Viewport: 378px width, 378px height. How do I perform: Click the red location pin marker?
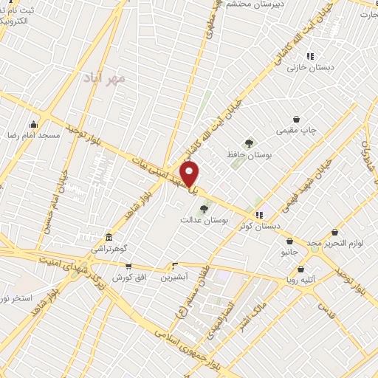190,174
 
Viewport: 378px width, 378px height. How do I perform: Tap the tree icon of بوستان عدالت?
205,208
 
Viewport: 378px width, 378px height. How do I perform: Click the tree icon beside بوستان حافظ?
249,143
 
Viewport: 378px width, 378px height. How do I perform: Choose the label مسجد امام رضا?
34,136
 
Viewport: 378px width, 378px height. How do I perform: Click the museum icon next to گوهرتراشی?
109,237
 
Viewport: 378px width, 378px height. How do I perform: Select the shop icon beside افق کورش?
129,266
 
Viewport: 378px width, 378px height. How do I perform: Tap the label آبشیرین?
175,278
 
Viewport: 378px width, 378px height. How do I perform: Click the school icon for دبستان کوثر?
258,215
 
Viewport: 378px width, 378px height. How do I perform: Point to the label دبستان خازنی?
311,68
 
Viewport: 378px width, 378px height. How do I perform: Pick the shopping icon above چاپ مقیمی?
296,118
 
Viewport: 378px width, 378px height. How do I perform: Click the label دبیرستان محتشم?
250,4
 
